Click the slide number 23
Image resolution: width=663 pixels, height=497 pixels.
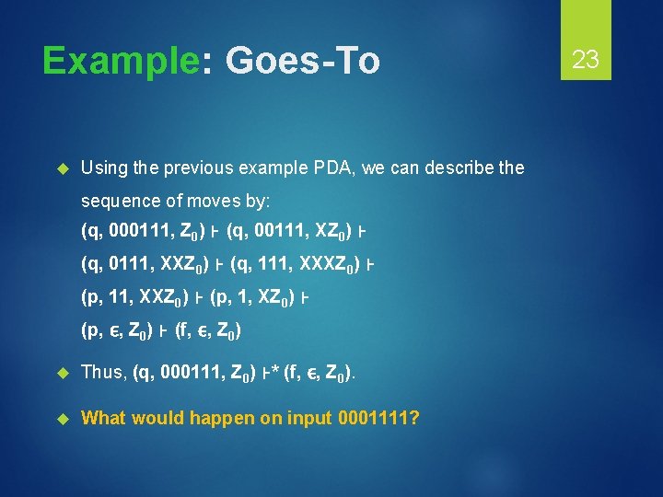586,60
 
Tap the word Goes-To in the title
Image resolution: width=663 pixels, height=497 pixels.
302,61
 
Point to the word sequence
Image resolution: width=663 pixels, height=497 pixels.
115,201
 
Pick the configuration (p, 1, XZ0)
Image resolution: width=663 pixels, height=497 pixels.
253,298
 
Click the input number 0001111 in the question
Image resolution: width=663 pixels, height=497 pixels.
377,418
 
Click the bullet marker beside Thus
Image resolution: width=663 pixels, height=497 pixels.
63,373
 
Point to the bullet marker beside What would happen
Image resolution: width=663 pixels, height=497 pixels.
63,418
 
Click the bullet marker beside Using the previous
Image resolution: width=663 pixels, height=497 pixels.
63,168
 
